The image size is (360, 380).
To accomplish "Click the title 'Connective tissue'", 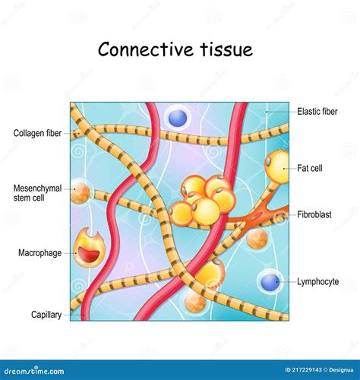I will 175,50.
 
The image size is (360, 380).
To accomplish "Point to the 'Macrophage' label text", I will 39,252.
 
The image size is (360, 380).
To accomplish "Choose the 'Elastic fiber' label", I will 318,111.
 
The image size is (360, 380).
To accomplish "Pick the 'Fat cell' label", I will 311,168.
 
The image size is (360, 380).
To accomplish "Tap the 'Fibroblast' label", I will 315,215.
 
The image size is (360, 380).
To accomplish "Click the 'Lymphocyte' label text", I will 318,282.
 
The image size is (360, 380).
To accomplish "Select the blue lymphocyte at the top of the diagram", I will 177,117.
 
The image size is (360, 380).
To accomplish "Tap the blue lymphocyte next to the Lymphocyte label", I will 270,282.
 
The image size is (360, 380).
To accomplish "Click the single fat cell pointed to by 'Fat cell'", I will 278,164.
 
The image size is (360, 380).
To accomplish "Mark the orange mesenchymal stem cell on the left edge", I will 80,193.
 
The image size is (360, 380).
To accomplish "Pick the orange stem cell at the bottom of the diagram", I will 195,304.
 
